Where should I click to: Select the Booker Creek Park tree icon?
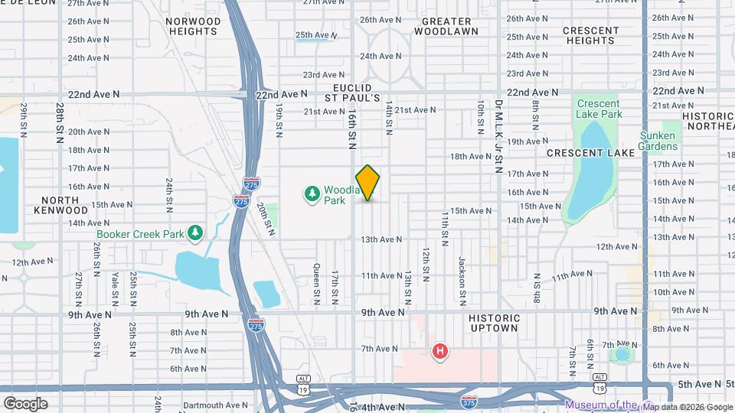pos(196,232)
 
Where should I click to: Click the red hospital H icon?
pos(440,352)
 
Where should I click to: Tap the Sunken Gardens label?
pos(658,141)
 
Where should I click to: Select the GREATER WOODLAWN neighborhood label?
pos(446,26)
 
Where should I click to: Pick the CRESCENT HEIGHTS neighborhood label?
pos(590,35)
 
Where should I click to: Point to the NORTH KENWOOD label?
pos(60,204)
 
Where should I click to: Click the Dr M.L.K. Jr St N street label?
pos(498,136)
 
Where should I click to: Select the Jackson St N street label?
pos(462,272)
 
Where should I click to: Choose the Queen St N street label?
pos(316,280)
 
